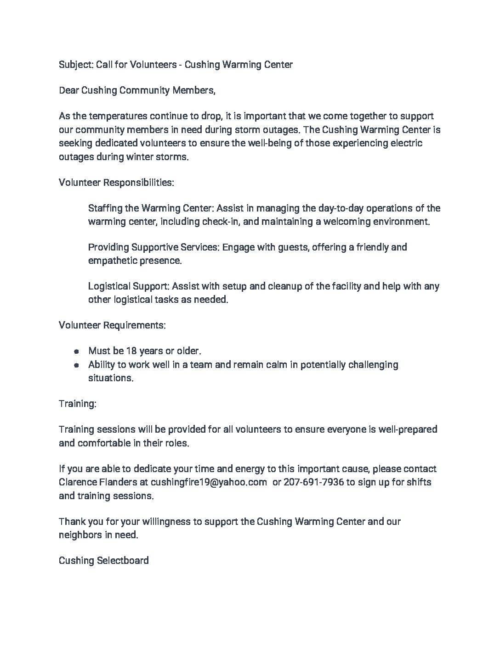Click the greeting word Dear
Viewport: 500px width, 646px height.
pos(69,90)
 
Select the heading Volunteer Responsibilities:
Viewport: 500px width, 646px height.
pos(116,183)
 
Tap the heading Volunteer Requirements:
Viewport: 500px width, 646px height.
pos(112,325)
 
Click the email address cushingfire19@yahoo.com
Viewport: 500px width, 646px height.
pos(209,483)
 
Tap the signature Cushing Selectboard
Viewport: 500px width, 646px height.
pos(103,561)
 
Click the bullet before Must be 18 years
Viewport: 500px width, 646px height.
pos(77,351)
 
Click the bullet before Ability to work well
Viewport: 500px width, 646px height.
pos(77,365)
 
